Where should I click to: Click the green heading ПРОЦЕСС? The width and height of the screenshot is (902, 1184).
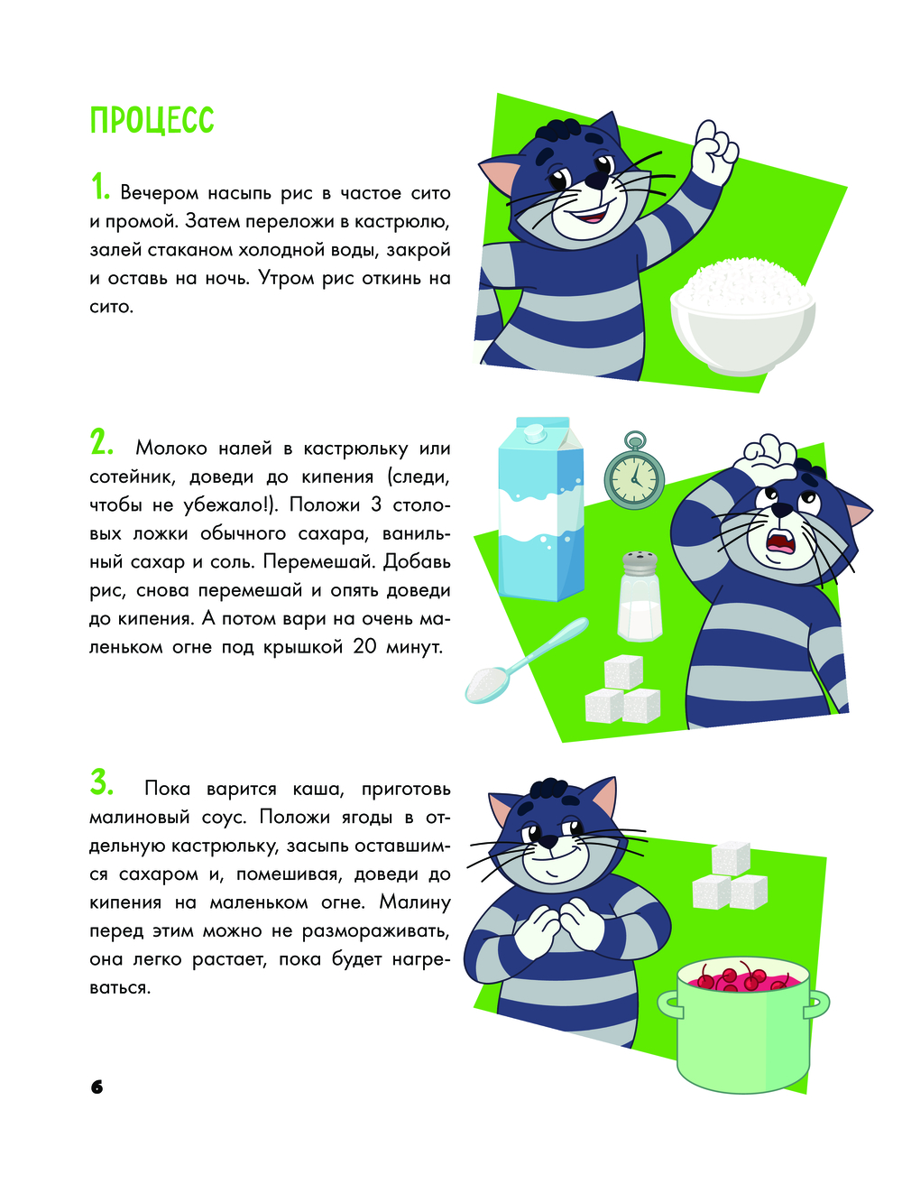[152, 120]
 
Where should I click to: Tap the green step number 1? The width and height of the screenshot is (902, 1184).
[100, 187]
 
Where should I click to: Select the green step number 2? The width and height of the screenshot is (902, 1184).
[101, 442]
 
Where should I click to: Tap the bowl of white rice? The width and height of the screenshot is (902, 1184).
[742, 317]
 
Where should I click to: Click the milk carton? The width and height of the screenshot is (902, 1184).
[541, 509]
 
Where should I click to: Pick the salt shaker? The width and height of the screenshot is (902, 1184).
[640, 596]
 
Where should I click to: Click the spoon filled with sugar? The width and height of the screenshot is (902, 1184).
[526, 661]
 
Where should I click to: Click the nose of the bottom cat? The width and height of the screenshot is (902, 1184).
[548, 841]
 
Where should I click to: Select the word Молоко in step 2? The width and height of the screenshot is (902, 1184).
[170, 448]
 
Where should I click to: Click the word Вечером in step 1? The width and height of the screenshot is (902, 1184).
[159, 192]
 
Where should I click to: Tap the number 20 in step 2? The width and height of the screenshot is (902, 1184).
[365, 647]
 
